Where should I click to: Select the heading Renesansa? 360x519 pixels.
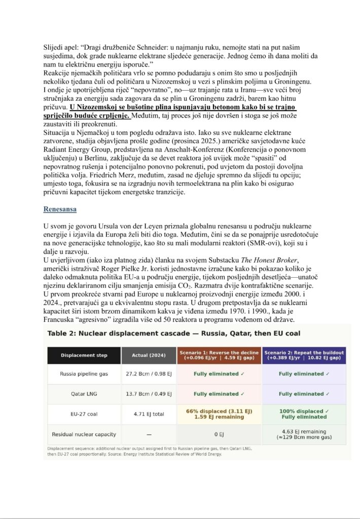[x=60, y=208]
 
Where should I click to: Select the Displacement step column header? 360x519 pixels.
[x=84, y=355]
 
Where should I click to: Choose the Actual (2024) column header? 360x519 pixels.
[x=149, y=355]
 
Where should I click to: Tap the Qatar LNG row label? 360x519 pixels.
[x=84, y=394]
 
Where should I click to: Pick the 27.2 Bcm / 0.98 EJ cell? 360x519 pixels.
[x=149, y=374]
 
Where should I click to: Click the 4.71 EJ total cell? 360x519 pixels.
[x=149, y=414]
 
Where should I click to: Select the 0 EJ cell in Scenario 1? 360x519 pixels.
[x=219, y=434]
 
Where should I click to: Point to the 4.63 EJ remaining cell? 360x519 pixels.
[x=304, y=434]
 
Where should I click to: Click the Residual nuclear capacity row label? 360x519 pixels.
[x=84, y=434]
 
